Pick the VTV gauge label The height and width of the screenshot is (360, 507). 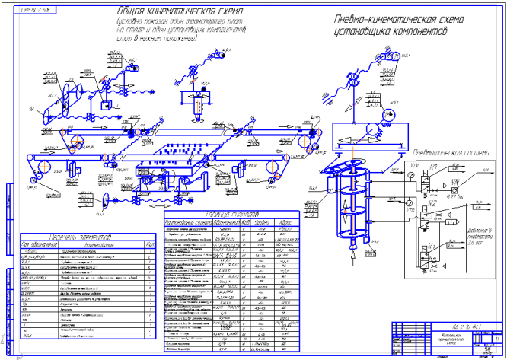pos(414,164)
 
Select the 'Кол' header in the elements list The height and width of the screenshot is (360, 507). pos(147,245)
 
